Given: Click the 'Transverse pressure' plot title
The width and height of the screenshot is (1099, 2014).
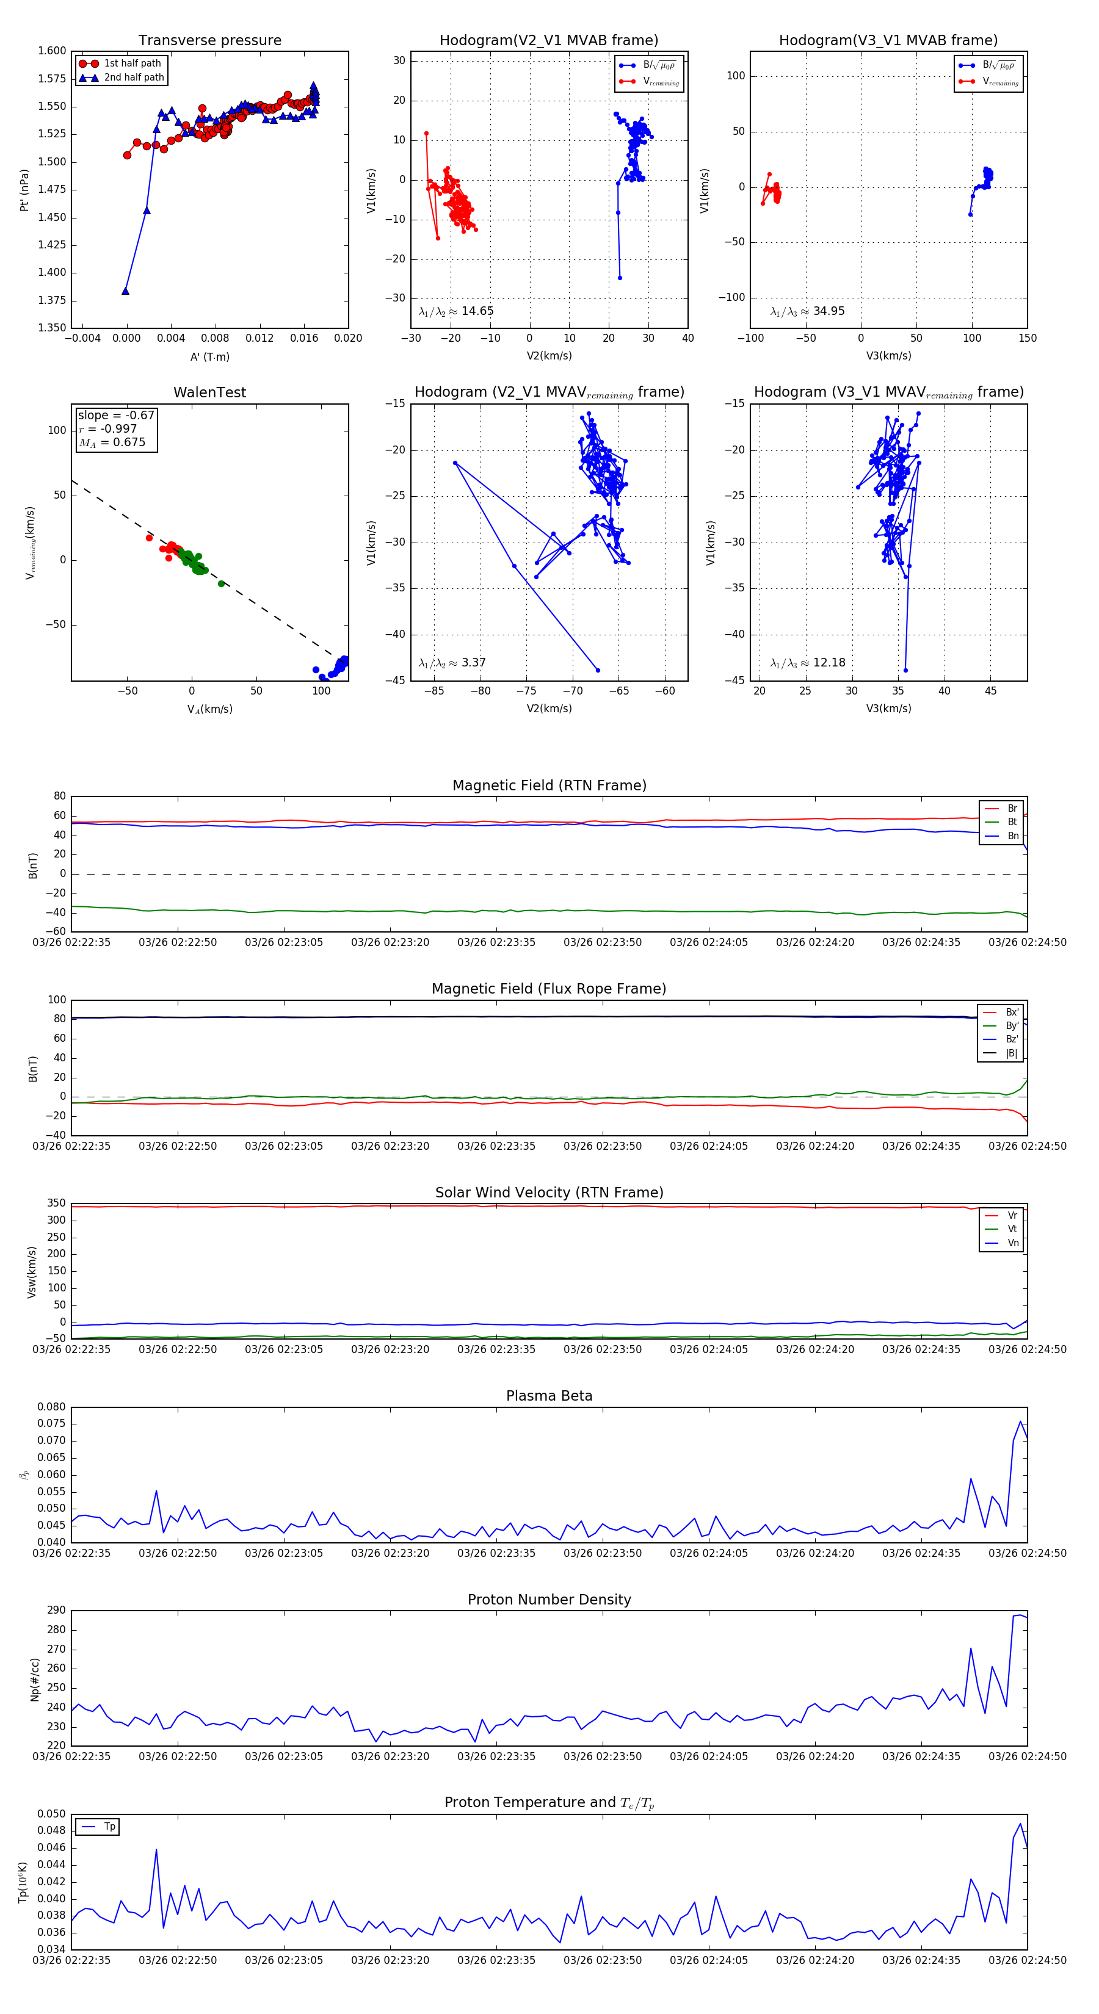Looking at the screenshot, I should pos(209,41).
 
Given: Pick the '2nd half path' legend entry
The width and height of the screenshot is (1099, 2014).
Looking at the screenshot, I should pos(134,78).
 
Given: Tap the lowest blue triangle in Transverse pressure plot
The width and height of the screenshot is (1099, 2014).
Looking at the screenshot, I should pos(125,291).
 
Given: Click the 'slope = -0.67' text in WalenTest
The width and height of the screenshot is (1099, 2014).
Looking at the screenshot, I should pos(116,415).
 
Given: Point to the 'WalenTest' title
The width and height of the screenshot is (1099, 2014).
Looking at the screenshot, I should pos(209,392).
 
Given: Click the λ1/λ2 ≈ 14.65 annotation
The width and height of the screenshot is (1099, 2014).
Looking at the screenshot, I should pos(456,311).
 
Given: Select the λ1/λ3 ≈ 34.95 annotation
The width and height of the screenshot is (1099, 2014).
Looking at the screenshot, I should pos(807,311).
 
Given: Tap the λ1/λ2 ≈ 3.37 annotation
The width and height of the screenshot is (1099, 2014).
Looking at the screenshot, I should pos(452,663).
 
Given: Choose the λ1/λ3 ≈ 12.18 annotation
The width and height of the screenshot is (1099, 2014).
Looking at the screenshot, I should pos(807,663).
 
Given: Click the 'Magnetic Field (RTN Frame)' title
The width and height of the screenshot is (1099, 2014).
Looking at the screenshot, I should pos(549,785).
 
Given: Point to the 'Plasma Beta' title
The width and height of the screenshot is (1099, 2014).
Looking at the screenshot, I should pos(549,1396).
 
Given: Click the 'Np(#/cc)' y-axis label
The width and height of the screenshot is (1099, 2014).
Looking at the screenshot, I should pos(34,1680).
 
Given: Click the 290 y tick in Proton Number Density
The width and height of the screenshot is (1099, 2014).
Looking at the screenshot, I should pos(56,1611).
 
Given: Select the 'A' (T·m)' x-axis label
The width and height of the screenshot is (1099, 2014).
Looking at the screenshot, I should pos(209,357).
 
